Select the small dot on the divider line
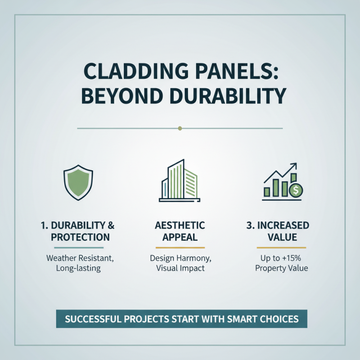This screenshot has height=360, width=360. click(180, 128)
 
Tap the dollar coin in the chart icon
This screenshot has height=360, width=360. click(296, 190)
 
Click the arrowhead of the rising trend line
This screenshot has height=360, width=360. click(294, 166)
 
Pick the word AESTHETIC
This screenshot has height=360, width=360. click(180, 225)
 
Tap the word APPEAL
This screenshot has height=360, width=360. click(180, 237)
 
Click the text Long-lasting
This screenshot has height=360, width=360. click(78, 269)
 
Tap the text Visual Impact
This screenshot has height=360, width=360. click(180, 269)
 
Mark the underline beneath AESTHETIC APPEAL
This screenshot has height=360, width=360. click(180, 247)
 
